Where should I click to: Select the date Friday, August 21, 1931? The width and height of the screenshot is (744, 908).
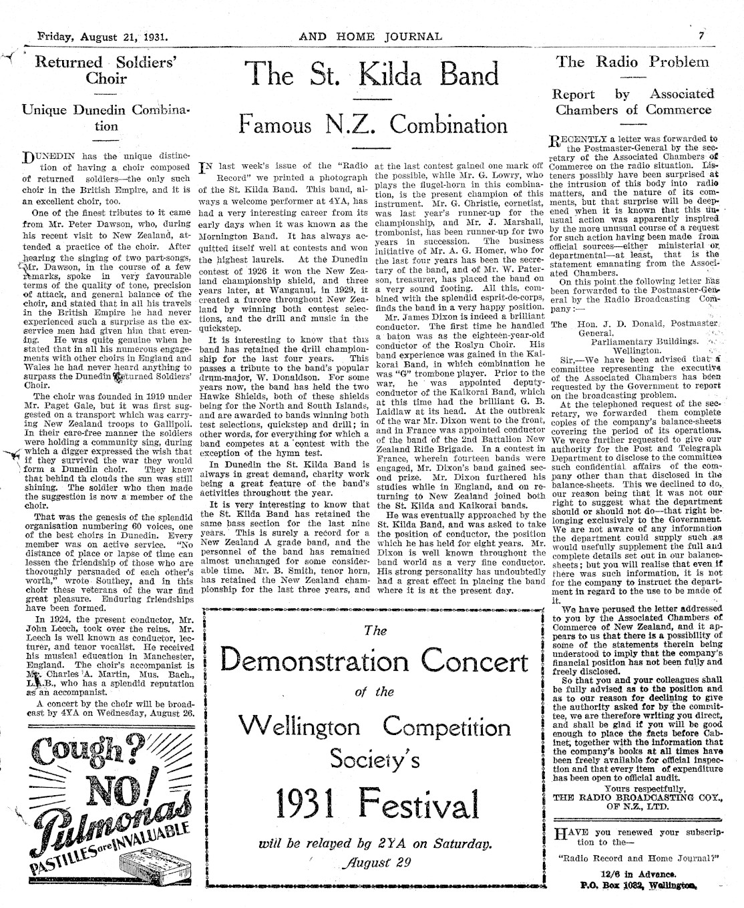[x=103, y=36]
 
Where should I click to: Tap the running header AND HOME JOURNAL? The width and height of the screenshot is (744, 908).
[x=370, y=36]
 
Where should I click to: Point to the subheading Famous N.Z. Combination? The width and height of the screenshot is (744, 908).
[x=373, y=124]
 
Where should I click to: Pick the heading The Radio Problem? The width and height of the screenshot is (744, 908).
[x=632, y=62]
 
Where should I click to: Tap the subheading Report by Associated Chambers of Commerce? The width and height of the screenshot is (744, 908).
[x=632, y=101]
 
